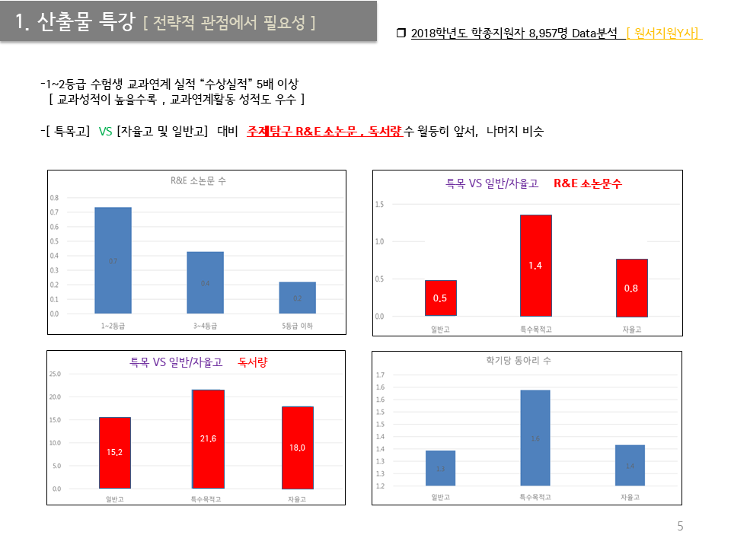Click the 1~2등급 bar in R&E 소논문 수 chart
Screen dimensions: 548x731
tap(113, 260)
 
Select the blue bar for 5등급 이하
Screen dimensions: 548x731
tap(297, 298)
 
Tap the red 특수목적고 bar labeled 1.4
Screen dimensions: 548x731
tap(535, 265)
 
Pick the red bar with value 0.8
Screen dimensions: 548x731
tap(631, 288)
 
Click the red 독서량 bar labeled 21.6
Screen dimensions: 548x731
tap(207, 439)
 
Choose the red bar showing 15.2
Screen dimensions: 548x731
tap(114, 453)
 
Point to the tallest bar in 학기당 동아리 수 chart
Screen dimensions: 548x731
tap(535, 438)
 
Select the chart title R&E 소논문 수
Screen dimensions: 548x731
tap(198, 181)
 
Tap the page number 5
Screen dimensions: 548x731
tap(680, 526)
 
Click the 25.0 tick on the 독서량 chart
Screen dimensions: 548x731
tap(55, 374)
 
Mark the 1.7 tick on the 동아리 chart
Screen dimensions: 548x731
tap(381, 374)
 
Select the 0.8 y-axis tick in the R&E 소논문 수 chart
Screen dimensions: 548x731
tap(54, 197)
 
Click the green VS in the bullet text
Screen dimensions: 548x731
tap(105, 132)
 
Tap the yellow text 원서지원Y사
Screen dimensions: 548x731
tap(663, 33)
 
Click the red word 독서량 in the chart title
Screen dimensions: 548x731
tap(253, 363)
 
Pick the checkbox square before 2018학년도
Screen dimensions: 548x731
tap(401, 33)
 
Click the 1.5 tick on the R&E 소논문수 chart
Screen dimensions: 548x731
tap(378, 204)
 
